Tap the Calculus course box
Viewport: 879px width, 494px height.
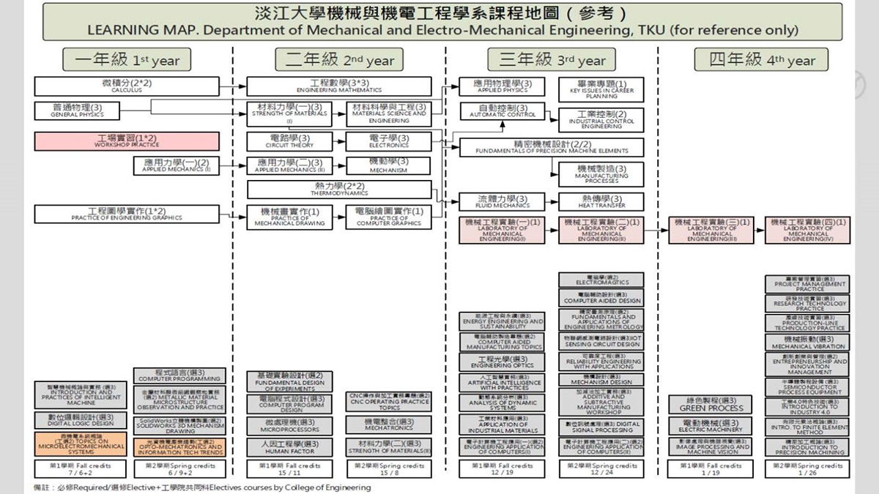point(127,86)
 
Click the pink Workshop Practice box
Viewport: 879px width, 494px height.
point(127,141)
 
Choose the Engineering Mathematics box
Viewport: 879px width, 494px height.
point(339,86)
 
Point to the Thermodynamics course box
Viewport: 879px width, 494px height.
point(338,190)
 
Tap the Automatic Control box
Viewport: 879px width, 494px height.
point(502,111)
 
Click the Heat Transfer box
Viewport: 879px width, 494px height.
point(601,201)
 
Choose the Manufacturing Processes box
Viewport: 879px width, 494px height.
point(601,173)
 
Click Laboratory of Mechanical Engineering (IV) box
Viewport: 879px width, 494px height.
point(808,229)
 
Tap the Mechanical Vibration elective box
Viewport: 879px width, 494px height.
point(808,343)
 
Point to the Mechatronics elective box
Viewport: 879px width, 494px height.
point(388,424)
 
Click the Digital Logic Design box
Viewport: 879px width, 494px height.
point(81,419)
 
